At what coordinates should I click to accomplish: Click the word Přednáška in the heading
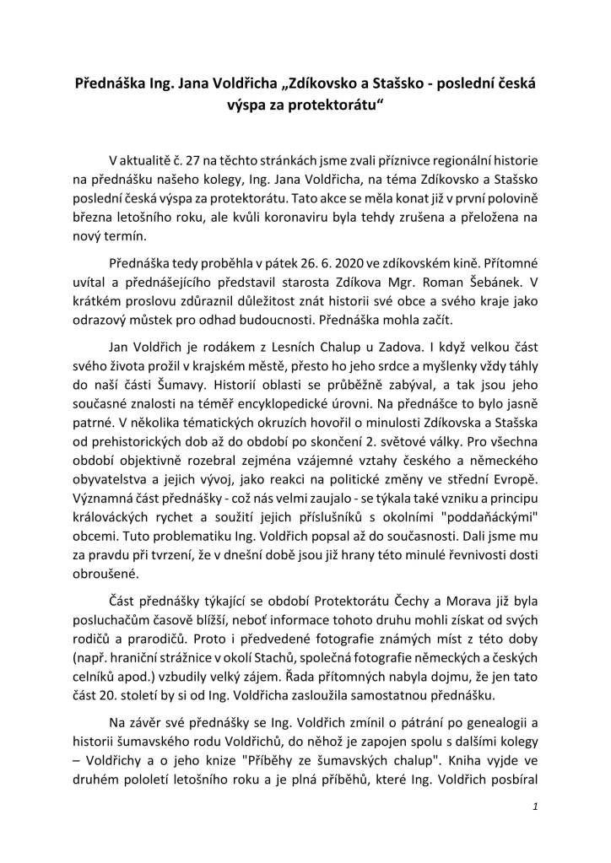point(106,86)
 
